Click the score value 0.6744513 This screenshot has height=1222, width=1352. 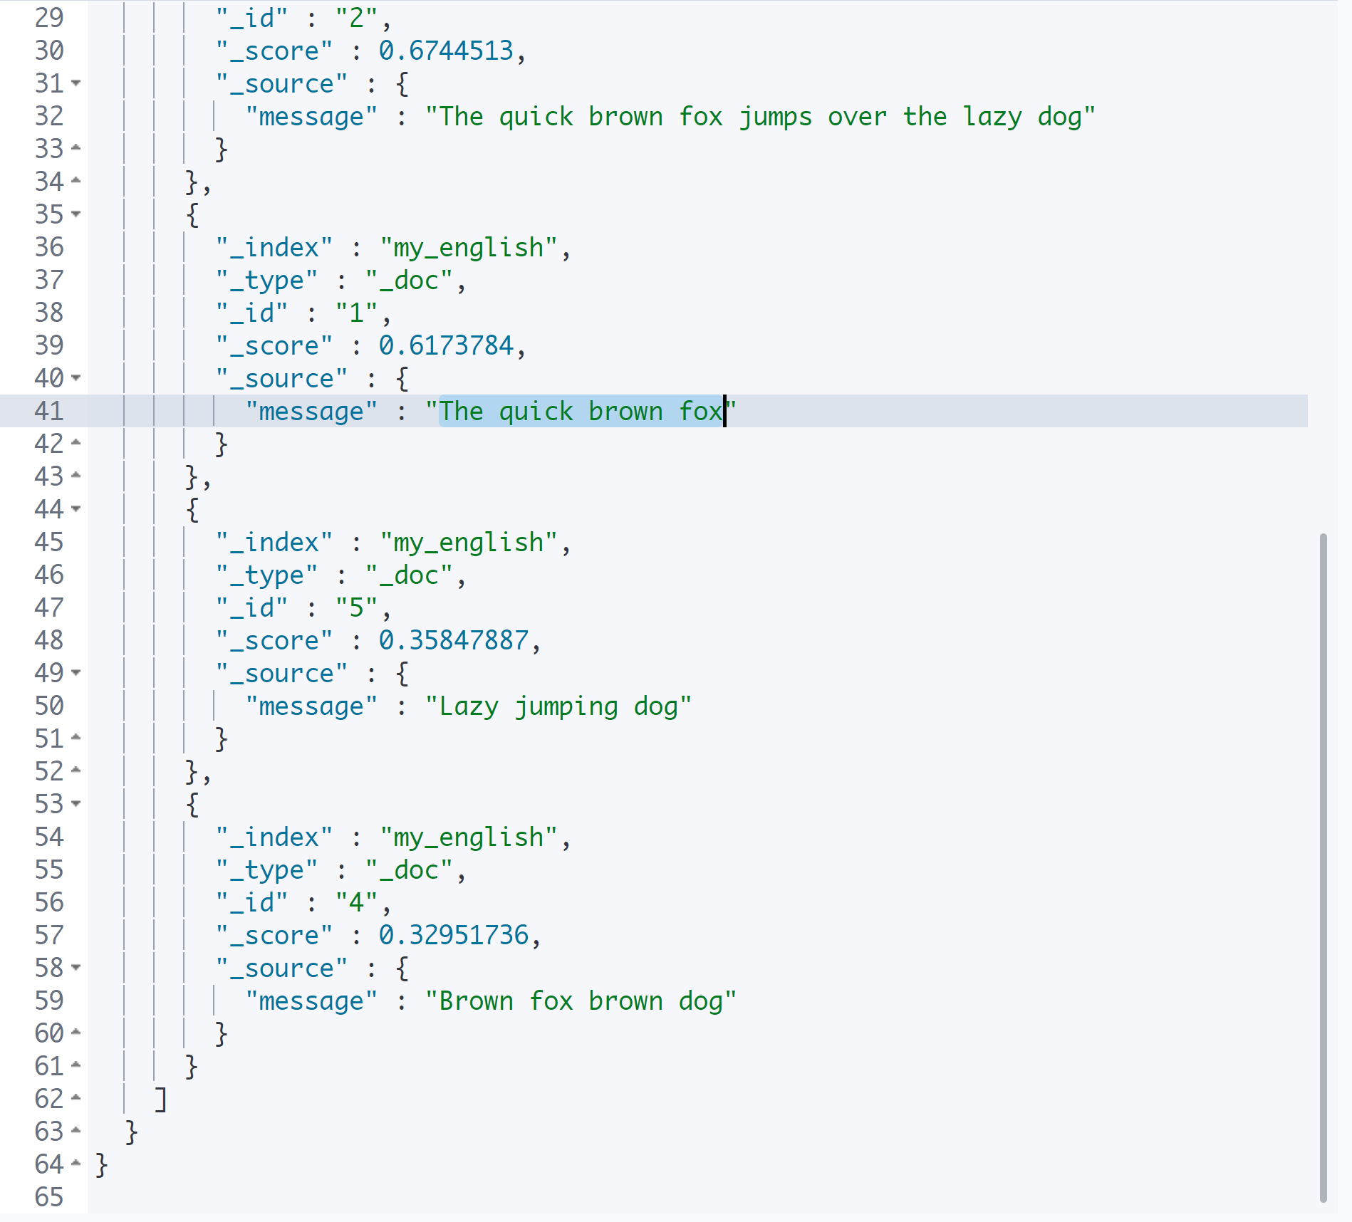coord(446,51)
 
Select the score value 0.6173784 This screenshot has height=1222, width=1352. coord(446,345)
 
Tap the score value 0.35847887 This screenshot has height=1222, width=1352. coord(454,640)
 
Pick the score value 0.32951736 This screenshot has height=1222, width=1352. coord(454,935)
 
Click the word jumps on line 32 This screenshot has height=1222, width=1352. coord(776,117)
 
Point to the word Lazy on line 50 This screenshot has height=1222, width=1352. coord(469,707)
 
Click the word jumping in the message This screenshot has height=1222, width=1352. coord(566,707)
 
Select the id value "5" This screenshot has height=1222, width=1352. coord(356,607)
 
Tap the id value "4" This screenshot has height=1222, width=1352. coord(356,902)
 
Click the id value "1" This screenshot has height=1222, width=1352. coord(356,313)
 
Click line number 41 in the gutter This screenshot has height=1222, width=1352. coord(49,411)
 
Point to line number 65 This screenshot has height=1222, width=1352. coord(49,1197)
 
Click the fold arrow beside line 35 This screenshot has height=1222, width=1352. coord(76,214)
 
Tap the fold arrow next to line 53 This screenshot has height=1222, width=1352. coord(76,803)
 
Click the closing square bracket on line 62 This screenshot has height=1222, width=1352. coord(161,1100)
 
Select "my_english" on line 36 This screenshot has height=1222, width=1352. coord(469,248)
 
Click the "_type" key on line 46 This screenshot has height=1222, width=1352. coord(267,575)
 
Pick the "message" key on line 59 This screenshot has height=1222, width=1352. coord(311,1001)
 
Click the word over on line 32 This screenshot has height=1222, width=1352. coord(857,117)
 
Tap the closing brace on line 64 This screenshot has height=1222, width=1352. coord(101,1165)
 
